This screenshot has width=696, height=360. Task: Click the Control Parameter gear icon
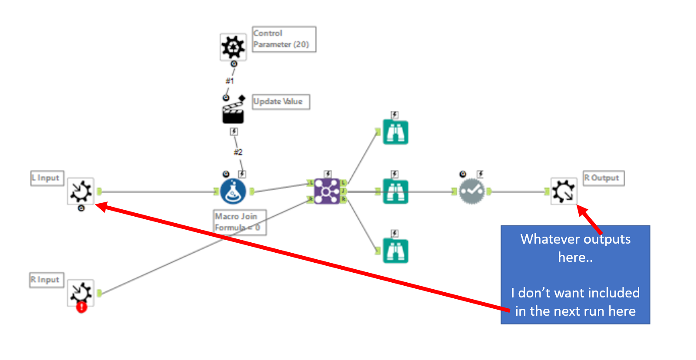233,47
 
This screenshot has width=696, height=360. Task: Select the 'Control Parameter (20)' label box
284,39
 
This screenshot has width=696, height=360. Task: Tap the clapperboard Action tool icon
233,111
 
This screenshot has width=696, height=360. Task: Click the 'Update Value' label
280,102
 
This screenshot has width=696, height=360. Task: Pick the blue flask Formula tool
233,192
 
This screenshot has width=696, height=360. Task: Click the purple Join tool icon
327,192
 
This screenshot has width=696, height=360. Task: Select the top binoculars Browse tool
395,132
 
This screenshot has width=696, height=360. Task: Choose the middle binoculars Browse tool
395,192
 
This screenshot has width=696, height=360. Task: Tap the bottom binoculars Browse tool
395,251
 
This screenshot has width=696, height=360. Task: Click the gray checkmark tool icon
472,192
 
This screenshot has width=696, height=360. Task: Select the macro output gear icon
564,191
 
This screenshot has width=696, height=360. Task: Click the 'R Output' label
603,178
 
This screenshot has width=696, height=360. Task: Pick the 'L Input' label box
47,178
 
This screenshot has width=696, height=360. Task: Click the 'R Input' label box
46,280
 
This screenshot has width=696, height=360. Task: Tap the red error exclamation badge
82,307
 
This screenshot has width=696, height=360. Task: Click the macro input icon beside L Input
81,191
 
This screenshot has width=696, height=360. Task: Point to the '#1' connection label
230,81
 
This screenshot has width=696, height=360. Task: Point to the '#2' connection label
238,152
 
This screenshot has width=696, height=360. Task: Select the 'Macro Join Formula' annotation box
240,222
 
